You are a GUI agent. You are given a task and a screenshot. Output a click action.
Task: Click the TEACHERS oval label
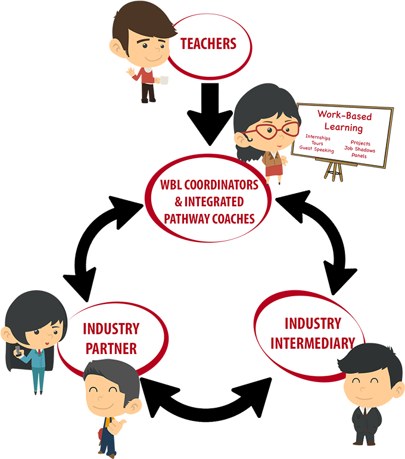coord(208,44)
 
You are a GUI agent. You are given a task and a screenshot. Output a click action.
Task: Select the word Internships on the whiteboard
coord(317,138)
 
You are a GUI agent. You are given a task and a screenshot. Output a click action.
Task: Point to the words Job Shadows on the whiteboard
coord(360,150)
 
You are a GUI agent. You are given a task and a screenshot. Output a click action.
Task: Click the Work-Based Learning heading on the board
coord(343,121)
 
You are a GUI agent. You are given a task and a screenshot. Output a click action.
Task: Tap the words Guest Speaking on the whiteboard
coord(316,150)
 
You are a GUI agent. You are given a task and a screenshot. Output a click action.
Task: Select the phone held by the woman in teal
coord(18,350)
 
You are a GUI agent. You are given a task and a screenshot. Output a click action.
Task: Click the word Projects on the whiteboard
coord(360,143)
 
